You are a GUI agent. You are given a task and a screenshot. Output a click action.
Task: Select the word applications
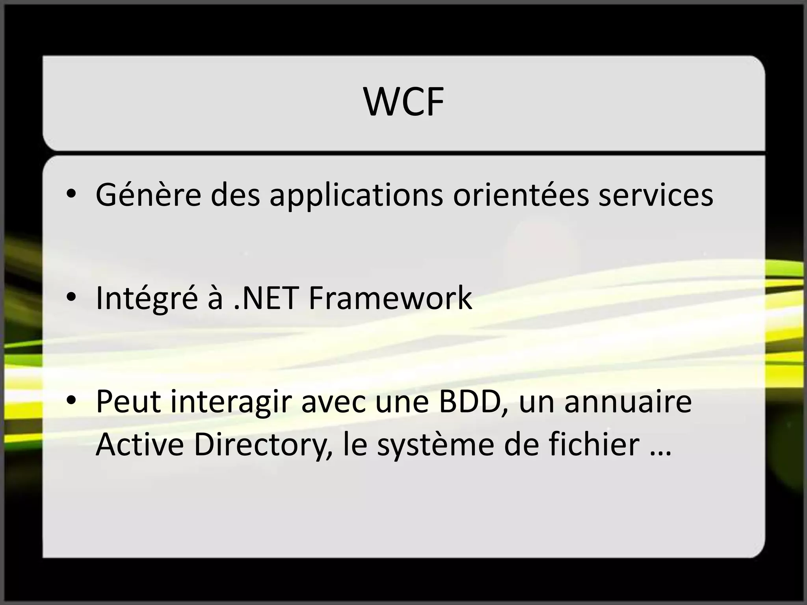tap(356, 195)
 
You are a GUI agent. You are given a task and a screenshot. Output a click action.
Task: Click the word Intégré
tap(146, 298)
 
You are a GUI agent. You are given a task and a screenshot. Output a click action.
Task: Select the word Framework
tap(390, 298)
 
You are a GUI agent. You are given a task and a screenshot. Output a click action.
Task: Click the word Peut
tap(128, 402)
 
